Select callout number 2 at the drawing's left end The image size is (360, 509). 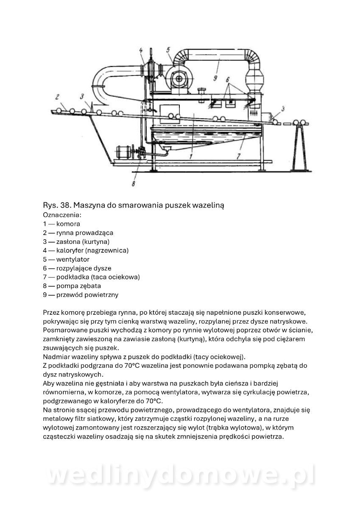point(58,95)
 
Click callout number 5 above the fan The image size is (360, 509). point(168,50)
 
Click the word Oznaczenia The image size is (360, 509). point(59,215)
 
